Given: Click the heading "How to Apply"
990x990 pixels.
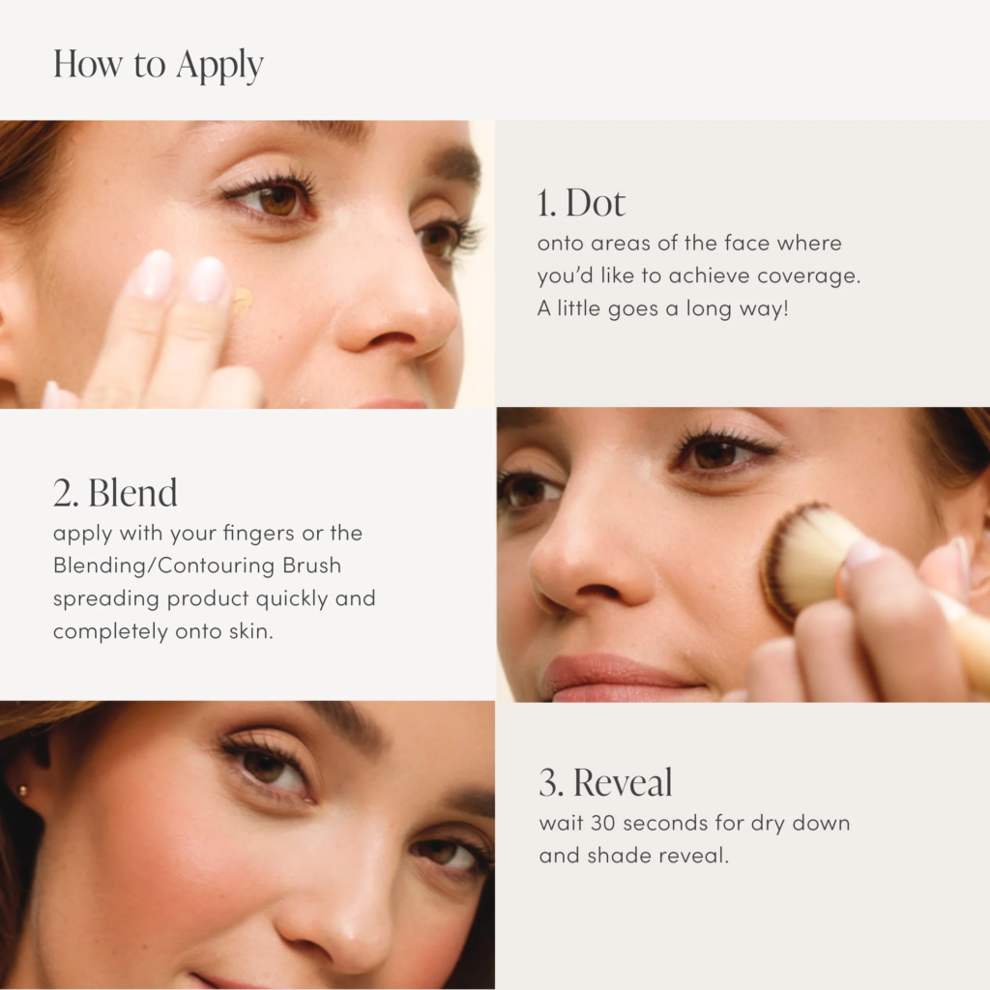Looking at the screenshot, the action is [x=158, y=65].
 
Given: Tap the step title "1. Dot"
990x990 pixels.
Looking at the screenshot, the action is [x=581, y=203].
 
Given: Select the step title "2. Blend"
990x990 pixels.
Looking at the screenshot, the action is [x=115, y=492].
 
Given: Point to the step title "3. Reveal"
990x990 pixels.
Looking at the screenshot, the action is [x=605, y=783].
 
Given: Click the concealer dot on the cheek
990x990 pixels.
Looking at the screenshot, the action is [x=243, y=300].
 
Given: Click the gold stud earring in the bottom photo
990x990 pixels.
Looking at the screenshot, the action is [x=23, y=791].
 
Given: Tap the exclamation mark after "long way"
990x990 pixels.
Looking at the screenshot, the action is [x=785, y=308].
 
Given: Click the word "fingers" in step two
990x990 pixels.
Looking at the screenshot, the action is [x=259, y=534].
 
